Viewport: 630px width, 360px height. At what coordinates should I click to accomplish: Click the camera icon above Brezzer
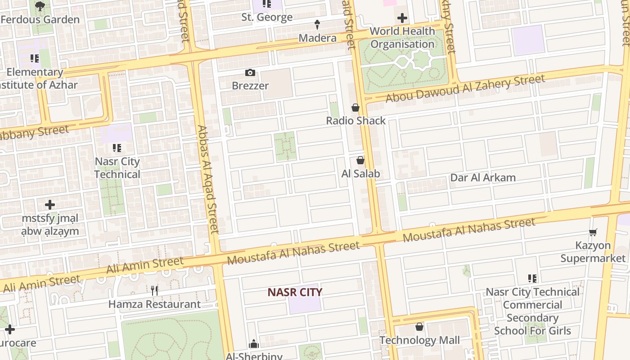(x=250, y=73)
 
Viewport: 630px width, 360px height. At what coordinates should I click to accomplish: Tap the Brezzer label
(x=250, y=85)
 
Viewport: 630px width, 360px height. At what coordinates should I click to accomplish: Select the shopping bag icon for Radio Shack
(x=355, y=108)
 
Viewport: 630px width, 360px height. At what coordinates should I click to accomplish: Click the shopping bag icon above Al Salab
(x=360, y=160)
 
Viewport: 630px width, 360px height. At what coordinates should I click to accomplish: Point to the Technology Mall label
(x=419, y=340)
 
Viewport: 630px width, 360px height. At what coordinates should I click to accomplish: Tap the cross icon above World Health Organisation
(x=402, y=18)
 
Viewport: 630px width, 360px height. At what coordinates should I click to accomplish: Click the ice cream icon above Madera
(x=317, y=24)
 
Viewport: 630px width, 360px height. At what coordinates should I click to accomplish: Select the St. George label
(x=267, y=18)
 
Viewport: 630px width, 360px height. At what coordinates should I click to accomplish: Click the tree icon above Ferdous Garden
(x=40, y=6)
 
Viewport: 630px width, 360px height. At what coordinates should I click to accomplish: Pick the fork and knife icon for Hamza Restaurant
(x=154, y=290)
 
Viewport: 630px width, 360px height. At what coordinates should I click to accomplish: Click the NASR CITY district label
(x=295, y=292)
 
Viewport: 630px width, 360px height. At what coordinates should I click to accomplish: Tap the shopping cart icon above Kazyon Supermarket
(x=593, y=232)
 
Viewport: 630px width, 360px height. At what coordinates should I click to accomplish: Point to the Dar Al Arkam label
(x=483, y=177)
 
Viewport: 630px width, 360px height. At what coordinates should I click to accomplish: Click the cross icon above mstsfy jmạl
(x=50, y=205)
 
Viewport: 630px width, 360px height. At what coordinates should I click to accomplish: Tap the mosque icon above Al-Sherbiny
(x=254, y=344)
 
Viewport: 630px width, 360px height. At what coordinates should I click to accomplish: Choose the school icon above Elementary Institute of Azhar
(x=35, y=58)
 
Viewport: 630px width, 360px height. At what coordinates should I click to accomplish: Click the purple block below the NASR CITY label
(x=305, y=306)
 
